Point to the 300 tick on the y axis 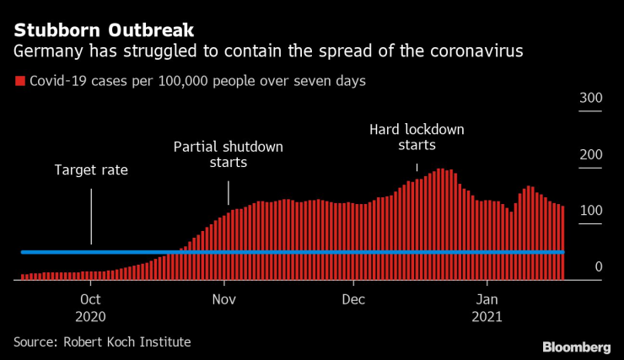coord(590,99)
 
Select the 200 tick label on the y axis coord(590,154)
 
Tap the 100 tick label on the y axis coord(590,210)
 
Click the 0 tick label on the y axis coord(598,266)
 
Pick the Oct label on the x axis coord(90,299)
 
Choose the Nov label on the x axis coord(224,299)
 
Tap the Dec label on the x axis coord(353,299)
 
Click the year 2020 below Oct coord(90,317)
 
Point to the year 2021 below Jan coord(486,317)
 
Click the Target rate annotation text coord(91,169)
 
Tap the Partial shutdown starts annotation coord(228,154)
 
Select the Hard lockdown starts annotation coord(417,137)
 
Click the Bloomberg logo coord(576,347)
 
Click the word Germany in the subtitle coord(46,52)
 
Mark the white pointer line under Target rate coord(91,215)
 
